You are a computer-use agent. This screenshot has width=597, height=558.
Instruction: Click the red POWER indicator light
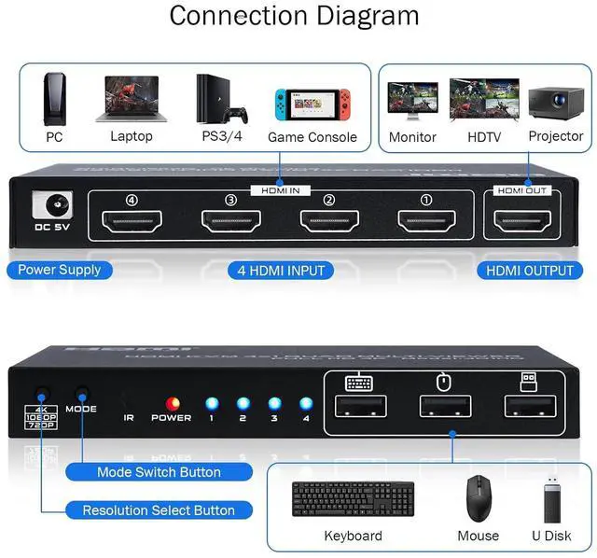pos(171,403)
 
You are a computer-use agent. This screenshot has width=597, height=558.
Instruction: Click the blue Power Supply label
pos(60,271)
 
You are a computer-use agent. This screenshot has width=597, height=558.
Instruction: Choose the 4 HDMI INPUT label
pos(280,271)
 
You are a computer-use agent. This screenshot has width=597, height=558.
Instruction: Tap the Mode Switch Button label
pos(159,472)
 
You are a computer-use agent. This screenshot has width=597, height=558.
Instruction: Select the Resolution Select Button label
pos(159,510)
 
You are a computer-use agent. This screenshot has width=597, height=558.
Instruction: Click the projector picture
pos(556,102)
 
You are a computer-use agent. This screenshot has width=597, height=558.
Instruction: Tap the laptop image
pos(131,99)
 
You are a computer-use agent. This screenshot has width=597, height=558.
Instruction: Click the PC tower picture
pos(55,98)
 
